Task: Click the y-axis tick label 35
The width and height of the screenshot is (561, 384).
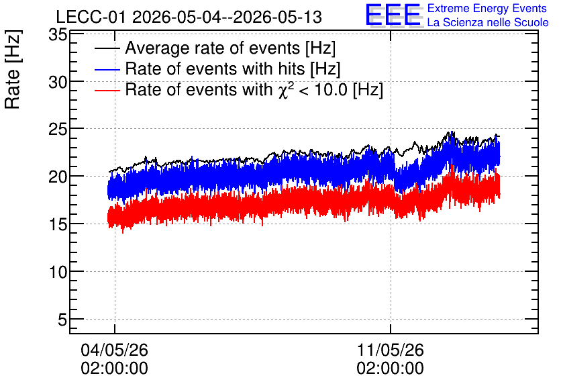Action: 58,35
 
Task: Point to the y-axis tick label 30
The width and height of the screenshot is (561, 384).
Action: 58,83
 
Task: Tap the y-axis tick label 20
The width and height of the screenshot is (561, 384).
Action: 58,177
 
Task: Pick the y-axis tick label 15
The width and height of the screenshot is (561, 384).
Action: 58,224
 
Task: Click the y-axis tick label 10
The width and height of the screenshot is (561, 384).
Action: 58,273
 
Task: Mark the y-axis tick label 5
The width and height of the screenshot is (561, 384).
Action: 62,320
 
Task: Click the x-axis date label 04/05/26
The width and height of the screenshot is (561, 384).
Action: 115,350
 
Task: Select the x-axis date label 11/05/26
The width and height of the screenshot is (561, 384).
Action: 391,350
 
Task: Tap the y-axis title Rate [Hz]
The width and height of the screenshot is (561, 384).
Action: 13,69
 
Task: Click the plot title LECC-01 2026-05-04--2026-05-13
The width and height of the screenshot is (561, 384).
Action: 189,17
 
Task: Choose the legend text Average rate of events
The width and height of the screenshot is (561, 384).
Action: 212,48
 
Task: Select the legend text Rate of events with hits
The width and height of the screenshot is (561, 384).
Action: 215,68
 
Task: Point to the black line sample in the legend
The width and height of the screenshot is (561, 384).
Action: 107,48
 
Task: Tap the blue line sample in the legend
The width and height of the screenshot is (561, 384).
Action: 107,69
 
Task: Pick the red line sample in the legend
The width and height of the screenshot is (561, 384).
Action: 107,90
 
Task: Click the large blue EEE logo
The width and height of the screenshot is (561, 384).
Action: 393,15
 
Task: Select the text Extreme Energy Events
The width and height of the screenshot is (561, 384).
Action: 487,8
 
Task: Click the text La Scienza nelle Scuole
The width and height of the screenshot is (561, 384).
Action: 488,23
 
